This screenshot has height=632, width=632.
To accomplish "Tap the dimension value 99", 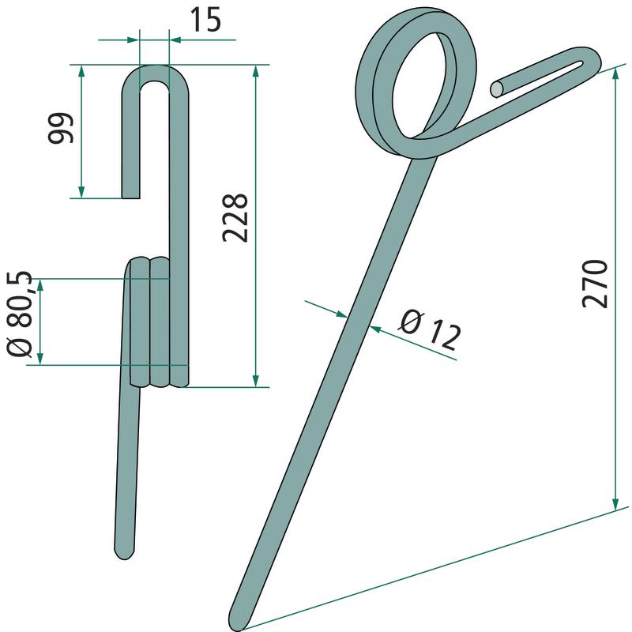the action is pyautogui.click(x=61, y=128).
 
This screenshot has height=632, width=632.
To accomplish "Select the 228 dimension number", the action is pyautogui.click(x=235, y=218).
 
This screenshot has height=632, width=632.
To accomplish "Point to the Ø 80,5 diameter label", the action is pyautogui.click(x=19, y=314).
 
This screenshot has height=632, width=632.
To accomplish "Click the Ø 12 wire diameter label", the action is pyautogui.click(x=430, y=329).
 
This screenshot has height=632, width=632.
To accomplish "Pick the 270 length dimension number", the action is pyautogui.click(x=595, y=284).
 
